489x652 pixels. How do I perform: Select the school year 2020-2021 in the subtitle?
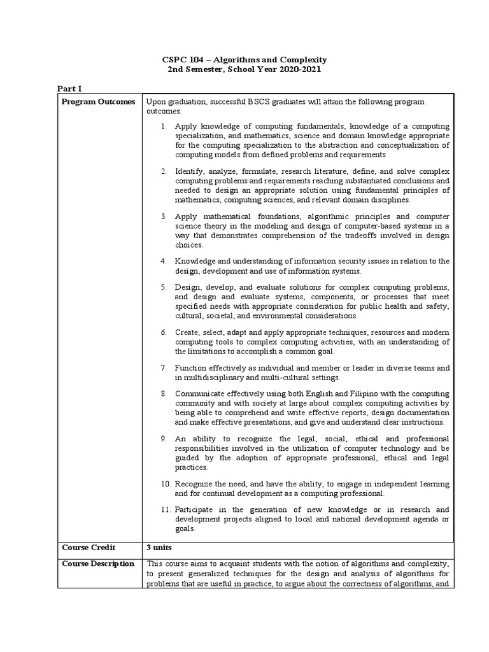[295, 69]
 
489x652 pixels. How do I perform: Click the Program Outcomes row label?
[99, 102]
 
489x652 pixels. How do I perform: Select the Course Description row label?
[98, 563]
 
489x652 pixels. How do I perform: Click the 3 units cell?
[159, 547]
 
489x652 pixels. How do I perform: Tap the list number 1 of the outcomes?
[164, 126]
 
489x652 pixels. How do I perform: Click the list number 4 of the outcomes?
[164, 261]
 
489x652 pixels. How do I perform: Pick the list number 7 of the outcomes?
[164, 368]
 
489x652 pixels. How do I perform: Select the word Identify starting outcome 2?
[190, 172]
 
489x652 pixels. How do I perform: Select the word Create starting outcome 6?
[188, 332]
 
